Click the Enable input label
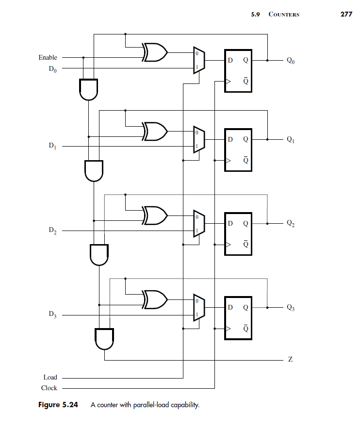pos(48,58)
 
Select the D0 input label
pos(51,69)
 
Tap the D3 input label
pos(51,315)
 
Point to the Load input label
pos(50,377)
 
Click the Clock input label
pos(49,388)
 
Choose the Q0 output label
pos(290,61)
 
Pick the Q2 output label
pos(290,224)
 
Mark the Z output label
pos(290,361)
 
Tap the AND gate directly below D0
pos(89,89)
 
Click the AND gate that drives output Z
pos(105,339)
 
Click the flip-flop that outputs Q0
pos(238,71)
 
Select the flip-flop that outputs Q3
pos(238,317)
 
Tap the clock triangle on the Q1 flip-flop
pos(227,160)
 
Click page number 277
pos(346,14)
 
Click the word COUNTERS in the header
pos(284,15)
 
